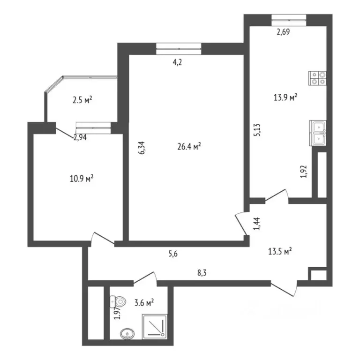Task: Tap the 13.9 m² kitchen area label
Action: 285,97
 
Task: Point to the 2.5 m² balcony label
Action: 82,99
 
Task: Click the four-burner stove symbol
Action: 317,78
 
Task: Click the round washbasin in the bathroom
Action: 127,334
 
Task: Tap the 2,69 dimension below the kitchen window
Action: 283,32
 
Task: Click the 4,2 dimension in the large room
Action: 177,62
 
